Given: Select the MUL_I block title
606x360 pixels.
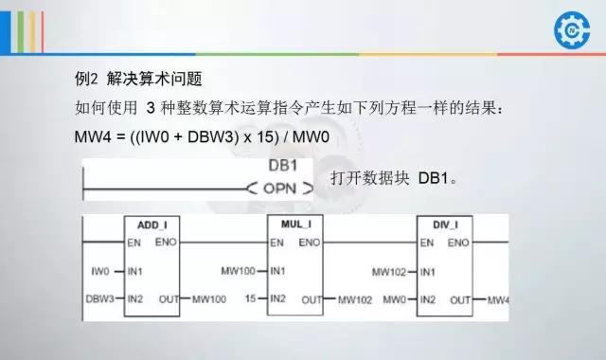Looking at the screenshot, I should [x=295, y=225].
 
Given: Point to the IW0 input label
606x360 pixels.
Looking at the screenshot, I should [x=102, y=271].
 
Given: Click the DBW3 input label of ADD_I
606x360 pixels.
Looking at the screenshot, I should [x=98, y=299].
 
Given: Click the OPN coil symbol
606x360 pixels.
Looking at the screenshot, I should [x=280, y=189].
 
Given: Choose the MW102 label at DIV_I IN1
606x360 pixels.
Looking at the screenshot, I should [x=388, y=271].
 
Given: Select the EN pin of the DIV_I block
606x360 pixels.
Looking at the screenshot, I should [x=427, y=243].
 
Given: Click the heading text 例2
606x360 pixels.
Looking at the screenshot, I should [x=85, y=76].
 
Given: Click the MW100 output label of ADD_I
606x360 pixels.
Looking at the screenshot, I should [x=208, y=300].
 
